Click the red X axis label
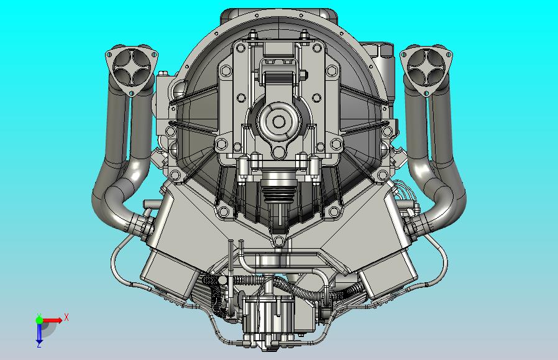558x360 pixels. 66,317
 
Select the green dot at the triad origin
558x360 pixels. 39,320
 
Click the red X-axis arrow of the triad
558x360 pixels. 54,320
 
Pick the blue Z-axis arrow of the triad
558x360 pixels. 39,334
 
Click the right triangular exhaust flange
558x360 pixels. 426,68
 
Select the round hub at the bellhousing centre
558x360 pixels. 278,121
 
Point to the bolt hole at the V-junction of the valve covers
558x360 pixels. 278,240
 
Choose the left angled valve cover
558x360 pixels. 180,242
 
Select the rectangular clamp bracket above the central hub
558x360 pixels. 278,78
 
